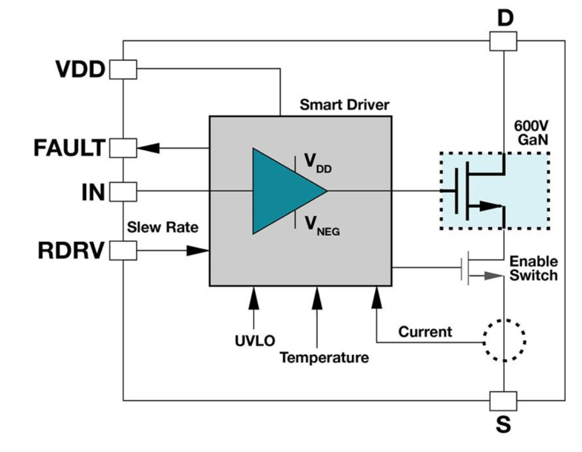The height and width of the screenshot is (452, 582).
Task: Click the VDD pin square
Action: [123, 70]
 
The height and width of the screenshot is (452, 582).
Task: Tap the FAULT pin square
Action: [123, 148]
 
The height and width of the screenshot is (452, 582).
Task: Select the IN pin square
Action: [123, 191]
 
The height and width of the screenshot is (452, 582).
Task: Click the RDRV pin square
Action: [123, 250]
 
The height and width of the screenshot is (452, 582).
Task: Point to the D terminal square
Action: [503, 41]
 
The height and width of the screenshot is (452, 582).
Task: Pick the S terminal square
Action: [503, 400]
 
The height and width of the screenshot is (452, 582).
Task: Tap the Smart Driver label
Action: [344, 105]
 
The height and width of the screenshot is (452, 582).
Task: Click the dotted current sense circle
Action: [504, 340]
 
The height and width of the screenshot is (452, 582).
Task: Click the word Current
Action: [425, 332]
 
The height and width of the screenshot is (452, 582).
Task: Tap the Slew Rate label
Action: [163, 228]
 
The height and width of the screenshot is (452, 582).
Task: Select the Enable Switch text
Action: [533, 269]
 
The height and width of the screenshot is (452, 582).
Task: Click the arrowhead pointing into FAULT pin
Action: [149, 148]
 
